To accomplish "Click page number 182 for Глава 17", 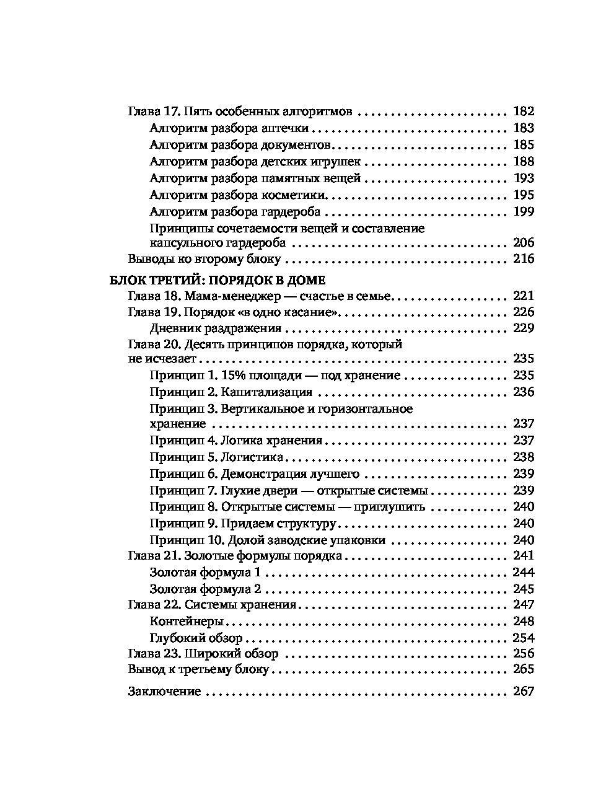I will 523,112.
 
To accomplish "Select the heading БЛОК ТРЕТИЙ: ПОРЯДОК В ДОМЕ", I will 217,279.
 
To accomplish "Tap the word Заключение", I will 164,692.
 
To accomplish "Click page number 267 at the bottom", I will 523,692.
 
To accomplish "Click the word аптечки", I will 286,129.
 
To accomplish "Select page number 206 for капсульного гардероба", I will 523,243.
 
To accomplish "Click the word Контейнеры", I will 187,622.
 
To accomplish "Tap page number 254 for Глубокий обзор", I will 523,638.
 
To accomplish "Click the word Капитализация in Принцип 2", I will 266,392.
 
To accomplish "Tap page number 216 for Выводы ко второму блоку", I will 523,259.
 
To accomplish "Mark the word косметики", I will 294,195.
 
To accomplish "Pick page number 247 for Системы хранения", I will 523,605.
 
